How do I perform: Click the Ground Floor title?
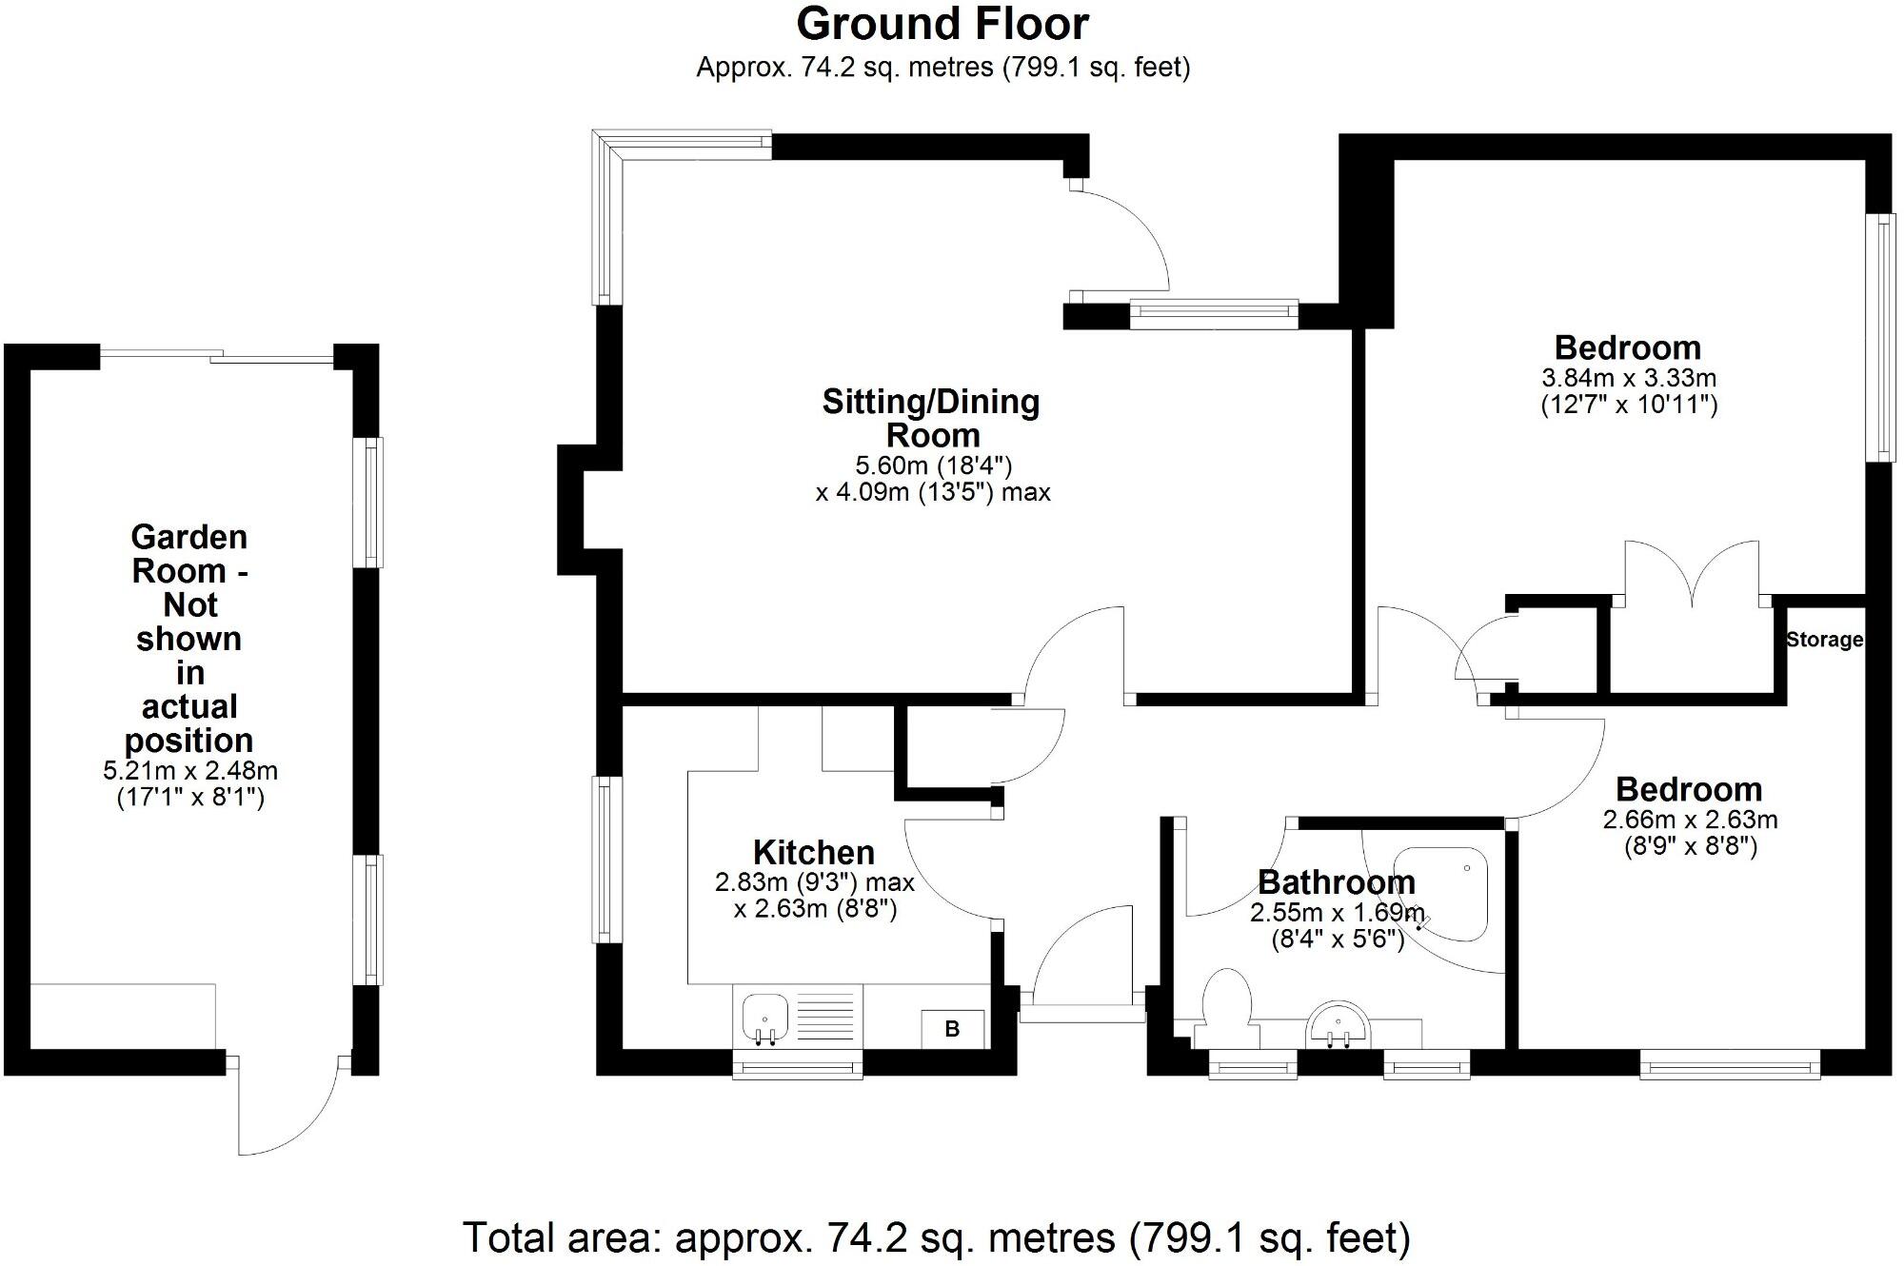coord(942,25)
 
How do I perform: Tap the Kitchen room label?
coord(813,852)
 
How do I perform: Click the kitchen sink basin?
coord(764,1015)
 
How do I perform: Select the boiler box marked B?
coord(952,1029)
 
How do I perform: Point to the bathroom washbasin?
coord(1339,1027)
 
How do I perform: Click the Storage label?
coord(1824,640)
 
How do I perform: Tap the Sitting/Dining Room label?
coord(931,418)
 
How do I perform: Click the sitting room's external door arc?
coord(1123,238)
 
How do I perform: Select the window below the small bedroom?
coord(1730,1065)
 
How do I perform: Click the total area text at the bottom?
coord(937,1238)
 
